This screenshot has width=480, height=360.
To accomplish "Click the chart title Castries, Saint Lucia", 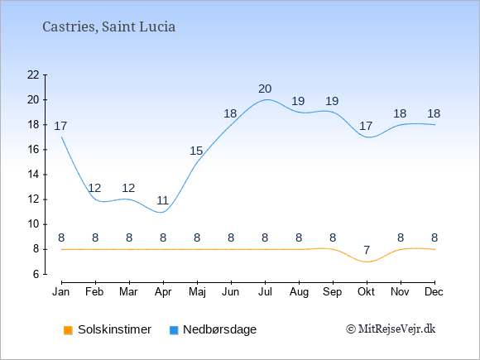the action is [108, 27].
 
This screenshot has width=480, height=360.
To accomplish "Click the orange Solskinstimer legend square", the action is [68, 330].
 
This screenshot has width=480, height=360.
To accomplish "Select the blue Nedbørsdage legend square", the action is [174, 330].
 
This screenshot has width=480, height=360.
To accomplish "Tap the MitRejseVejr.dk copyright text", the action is [391, 329].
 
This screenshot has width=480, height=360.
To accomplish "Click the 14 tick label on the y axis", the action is [33, 175].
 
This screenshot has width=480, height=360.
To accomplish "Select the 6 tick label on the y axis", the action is [36, 274].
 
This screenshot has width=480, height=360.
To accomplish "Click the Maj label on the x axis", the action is [197, 292].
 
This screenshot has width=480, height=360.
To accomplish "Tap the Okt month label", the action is [366, 292].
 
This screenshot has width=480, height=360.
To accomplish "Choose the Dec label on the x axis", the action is [434, 292].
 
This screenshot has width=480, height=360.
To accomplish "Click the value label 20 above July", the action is [265, 89].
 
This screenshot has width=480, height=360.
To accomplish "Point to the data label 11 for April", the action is [162, 201].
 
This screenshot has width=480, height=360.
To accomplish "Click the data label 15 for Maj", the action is [196, 151].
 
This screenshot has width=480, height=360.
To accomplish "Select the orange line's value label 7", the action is [367, 251].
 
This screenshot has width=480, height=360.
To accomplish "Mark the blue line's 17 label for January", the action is [60, 126].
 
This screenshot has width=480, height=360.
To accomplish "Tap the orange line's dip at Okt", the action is [367, 262].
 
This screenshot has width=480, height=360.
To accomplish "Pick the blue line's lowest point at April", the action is [161, 212].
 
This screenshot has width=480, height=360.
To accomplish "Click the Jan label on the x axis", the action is [61, 292].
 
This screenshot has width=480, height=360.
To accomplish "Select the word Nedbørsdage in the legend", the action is [220, 329].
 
